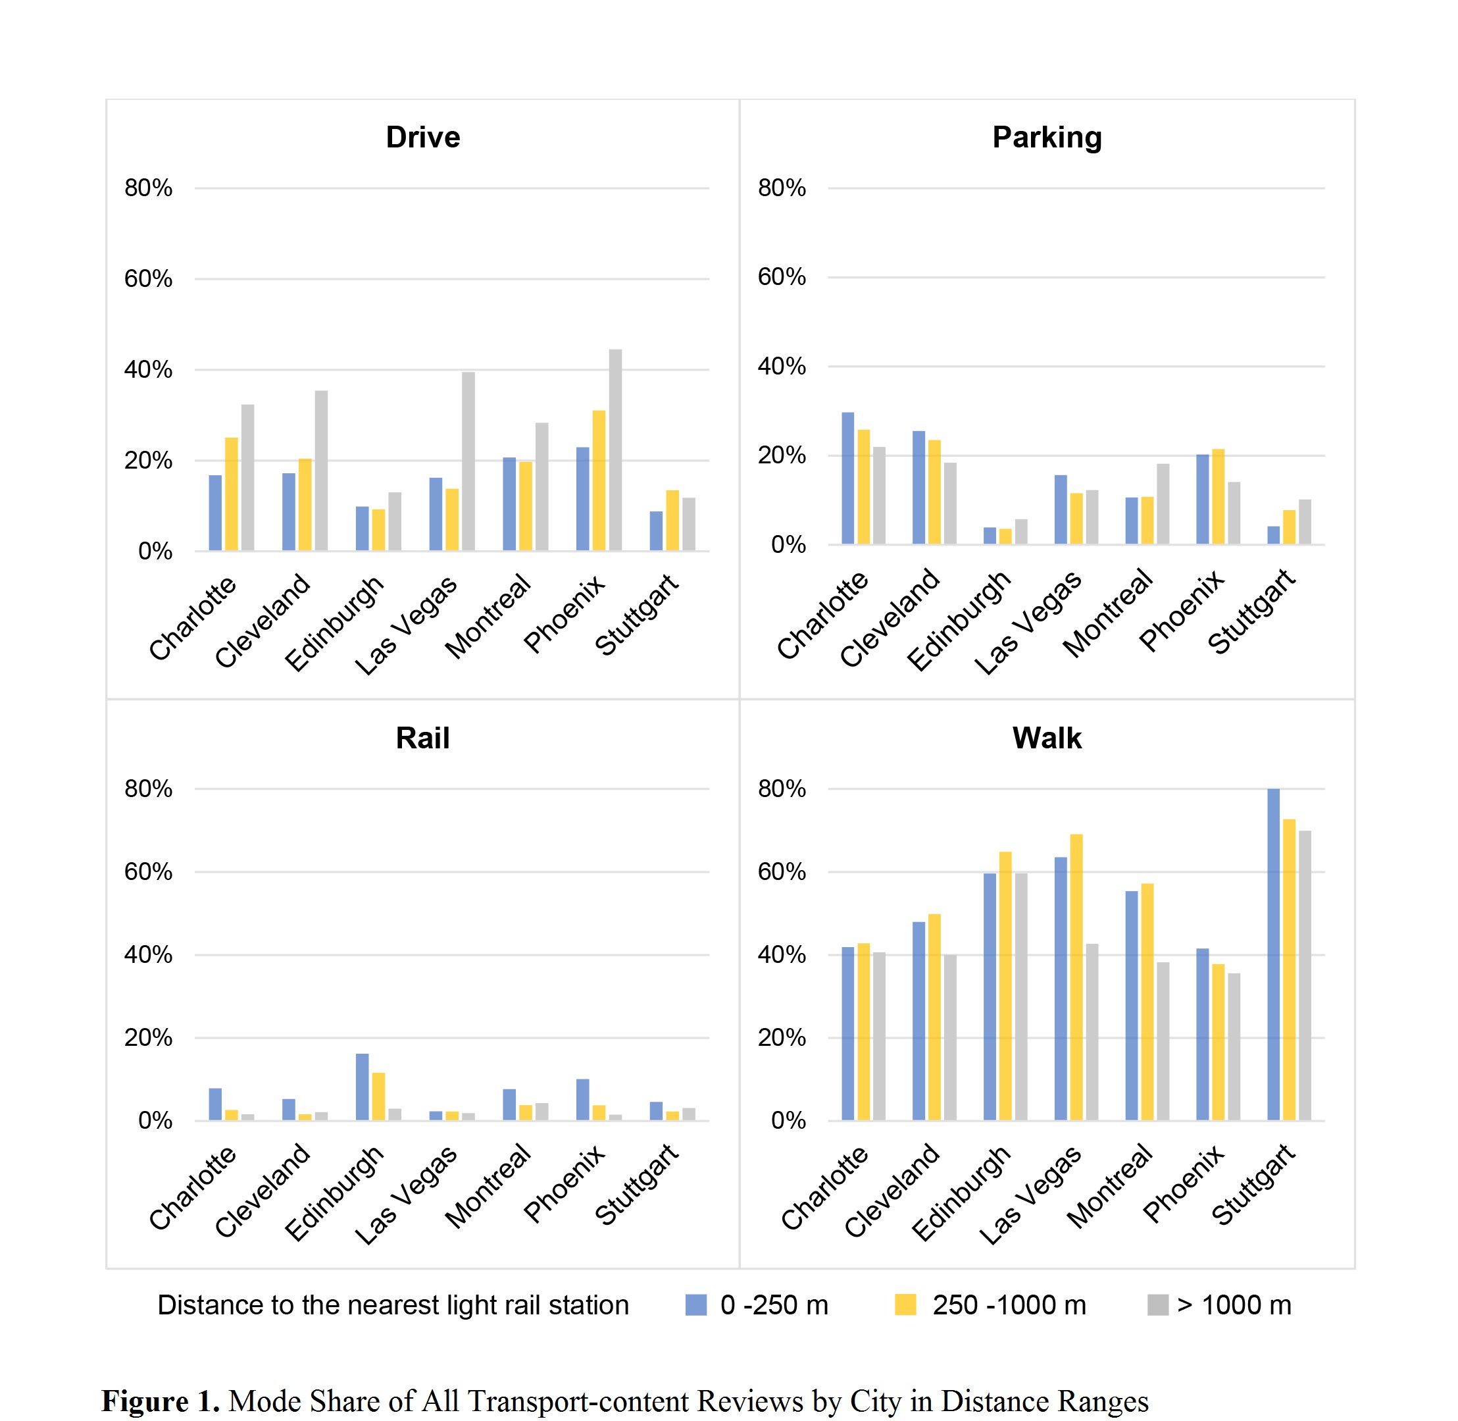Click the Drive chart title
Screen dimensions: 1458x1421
tap(423, 138)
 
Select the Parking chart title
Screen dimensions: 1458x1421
tap(1047, 138)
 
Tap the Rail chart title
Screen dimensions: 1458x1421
tap(423, 738)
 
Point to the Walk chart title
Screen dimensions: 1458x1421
tap(1047, 738)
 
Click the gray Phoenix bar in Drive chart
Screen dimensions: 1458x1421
tap(616, 450)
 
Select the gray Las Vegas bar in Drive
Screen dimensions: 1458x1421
tap(468, 461)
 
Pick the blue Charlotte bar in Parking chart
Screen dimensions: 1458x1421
tap(848, 478)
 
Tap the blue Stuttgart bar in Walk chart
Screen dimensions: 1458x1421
tap(1274, 954)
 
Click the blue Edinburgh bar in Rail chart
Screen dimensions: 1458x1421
tap(363, 1087)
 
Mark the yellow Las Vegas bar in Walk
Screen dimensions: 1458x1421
tap(1076, 977)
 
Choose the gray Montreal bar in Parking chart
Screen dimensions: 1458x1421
tap(1163, 504)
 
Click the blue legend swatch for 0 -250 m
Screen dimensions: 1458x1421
tap(696, 1305)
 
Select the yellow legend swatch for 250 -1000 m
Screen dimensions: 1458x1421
tap(905, 1305)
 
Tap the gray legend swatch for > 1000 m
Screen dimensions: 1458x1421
tap(1158, 1305)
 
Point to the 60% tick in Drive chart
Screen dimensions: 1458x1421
tap(149, 279)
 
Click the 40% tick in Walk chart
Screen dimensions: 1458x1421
tap(782, 954)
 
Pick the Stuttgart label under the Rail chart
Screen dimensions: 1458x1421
tap(636, 1185)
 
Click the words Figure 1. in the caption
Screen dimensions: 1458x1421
tap(161, 1401)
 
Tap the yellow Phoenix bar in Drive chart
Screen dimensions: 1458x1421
tap(599, 480)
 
